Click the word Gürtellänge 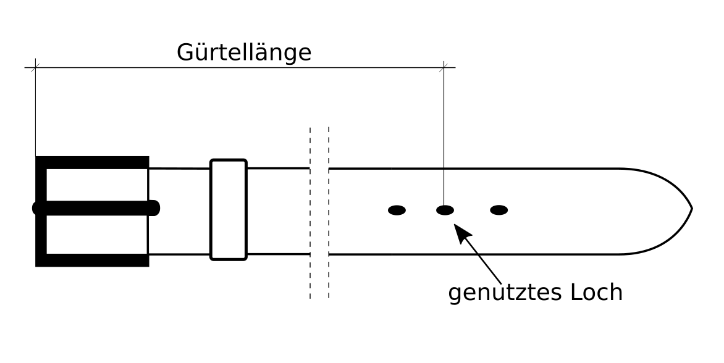[244, 52]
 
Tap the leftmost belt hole [397, 211]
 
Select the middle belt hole [445, 211]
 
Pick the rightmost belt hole [499, 211]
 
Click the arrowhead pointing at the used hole [461, 231]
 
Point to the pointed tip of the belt [691, 209]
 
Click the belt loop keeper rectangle [229, 210]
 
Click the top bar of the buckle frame [93, 162]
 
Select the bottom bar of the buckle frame [93, 260]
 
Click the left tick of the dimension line [35, 67]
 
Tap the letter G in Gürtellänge [185, 52]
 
